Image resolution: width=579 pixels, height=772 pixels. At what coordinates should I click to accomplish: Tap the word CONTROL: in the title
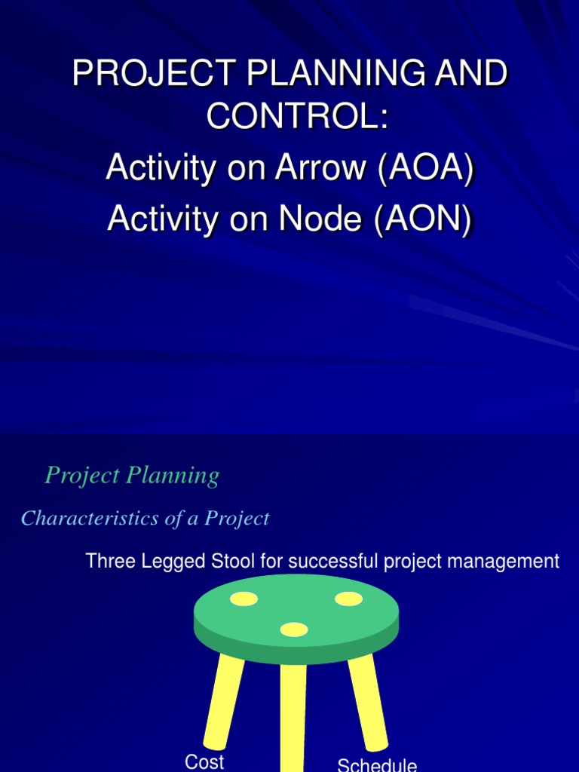tap(289, 117)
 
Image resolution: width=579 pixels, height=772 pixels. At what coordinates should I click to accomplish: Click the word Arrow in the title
tap(320, 168)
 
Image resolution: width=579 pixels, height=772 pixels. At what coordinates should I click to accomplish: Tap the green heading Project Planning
tap(132, 476)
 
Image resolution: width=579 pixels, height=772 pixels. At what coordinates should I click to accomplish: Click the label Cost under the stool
tap(204, 761)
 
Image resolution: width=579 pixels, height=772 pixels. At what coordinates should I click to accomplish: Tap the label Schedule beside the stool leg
tap(377, 765)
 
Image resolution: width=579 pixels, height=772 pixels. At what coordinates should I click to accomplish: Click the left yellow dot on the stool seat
tap(244, 599)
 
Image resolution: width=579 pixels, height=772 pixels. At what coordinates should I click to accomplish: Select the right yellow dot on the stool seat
tap(348, 599)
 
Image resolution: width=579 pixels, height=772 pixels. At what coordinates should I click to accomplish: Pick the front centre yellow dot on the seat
tap(294, 629)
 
